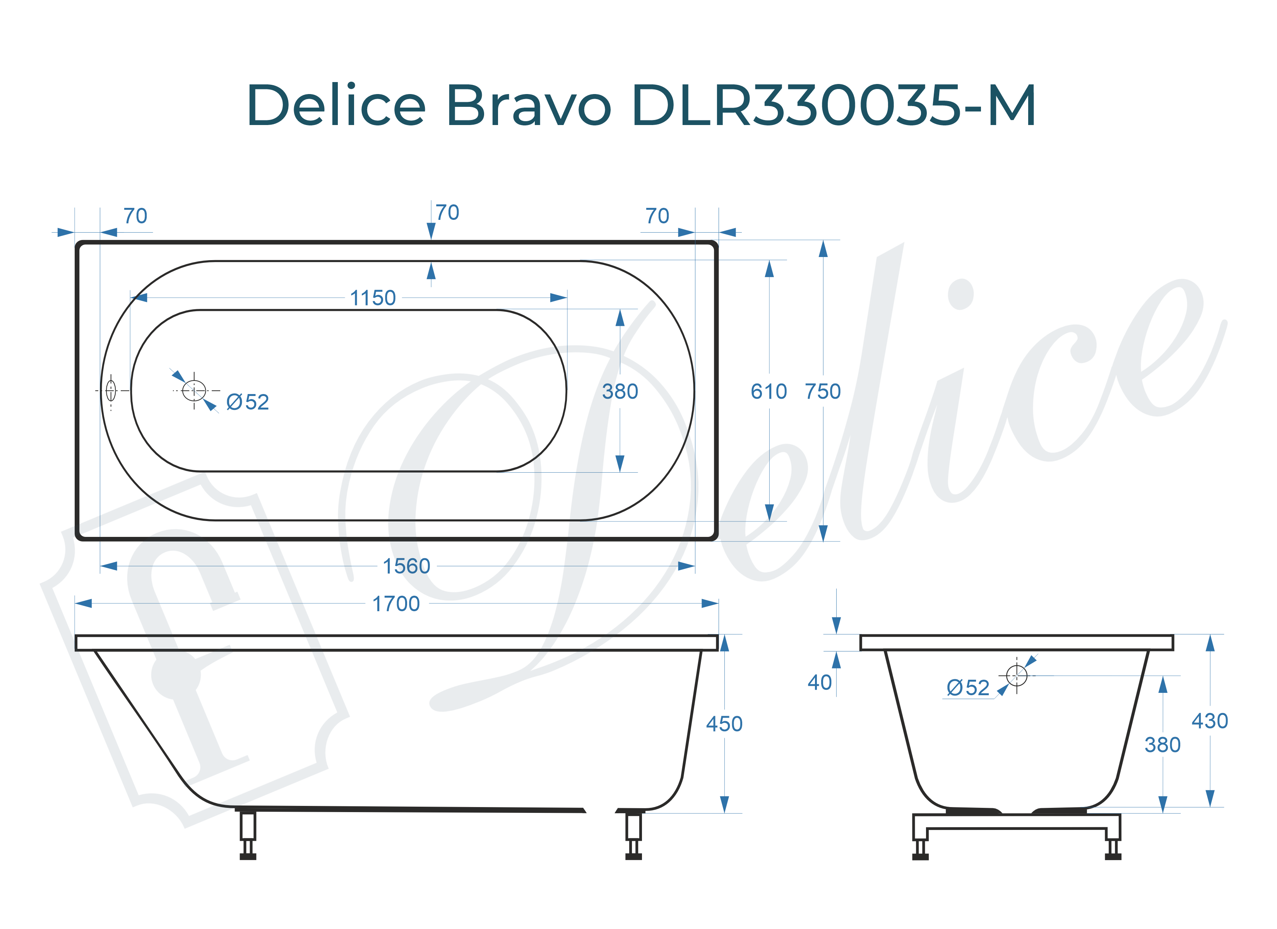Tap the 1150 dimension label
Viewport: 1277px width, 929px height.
coord(373,298)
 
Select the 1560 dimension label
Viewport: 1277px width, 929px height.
coord(407,566)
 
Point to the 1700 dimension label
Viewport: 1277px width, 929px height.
coord(396,604)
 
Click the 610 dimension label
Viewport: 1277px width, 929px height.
coord(769,392)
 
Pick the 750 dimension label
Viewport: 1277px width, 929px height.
coord(823,392)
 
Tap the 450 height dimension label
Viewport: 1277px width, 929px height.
coord(724,724)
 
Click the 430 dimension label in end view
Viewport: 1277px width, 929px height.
coord(1209,721)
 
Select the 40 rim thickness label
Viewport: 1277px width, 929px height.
coord(819,683)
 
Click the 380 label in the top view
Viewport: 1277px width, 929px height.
coord(620,392)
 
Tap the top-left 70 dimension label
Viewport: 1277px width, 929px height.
coord(135,216)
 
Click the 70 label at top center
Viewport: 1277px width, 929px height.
coord(447,213)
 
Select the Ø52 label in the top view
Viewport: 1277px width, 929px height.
coord(248,402)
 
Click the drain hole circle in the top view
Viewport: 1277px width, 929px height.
coord(194,391)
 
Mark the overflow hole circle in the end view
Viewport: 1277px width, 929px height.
coord(1016,675)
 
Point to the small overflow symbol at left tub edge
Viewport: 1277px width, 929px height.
coord(111,391)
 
